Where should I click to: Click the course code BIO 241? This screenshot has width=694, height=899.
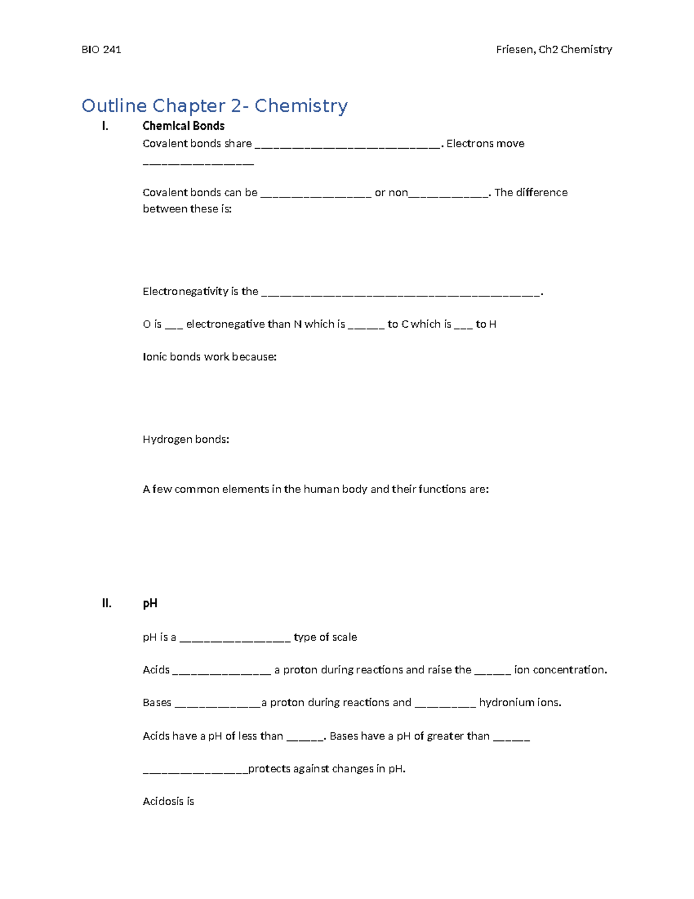(x=101, y=50)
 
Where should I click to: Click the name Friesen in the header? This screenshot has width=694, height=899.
(x=515, y=50)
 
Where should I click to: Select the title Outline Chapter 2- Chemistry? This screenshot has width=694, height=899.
(x=215, y=106)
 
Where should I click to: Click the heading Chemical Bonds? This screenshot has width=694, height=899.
(x=183, y=126)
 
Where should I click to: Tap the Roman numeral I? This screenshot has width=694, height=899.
(x=105, y=126)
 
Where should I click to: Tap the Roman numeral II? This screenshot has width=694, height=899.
(x=106, y=603)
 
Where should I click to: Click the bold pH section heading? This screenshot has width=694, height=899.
(x=150, y=603)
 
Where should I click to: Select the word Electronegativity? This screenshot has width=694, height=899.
(x=184, y=292)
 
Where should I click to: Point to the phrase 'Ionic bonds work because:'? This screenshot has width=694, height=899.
(x=209, y=357)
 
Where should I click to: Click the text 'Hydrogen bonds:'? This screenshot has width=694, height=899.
(x=186, y=440)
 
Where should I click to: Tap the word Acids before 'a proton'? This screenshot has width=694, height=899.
(x=156, y=670)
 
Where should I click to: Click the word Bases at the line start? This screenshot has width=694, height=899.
(x=157, y=703)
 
